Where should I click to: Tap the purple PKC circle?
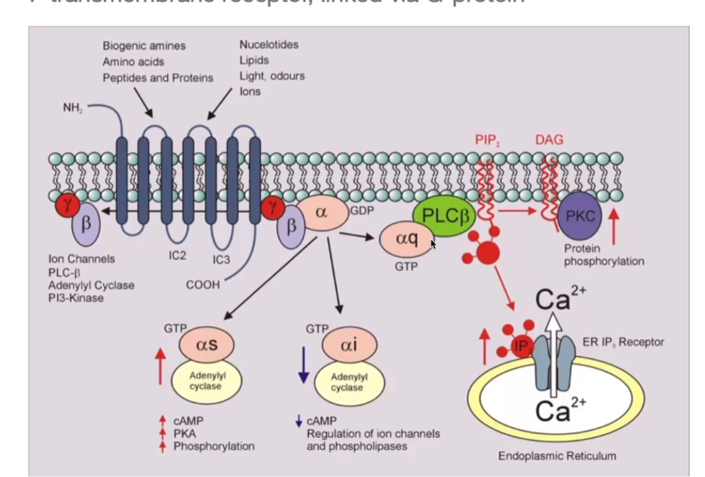[x=580, y=216]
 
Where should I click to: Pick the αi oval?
[x=347, y=346]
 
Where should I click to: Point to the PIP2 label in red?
[x=487, y=140]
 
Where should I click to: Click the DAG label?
[x=549, y=140]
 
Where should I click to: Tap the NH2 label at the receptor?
[x=72, y=108]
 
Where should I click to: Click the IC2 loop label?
[x=177, y=255]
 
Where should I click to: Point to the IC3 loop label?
[x=221, y=260]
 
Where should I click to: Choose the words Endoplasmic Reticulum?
[x=557, y=456]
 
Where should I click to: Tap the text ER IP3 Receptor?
[x=623, y=342]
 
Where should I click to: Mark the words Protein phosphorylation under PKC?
[x=604, y=255]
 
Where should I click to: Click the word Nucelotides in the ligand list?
[x=269, y=45]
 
